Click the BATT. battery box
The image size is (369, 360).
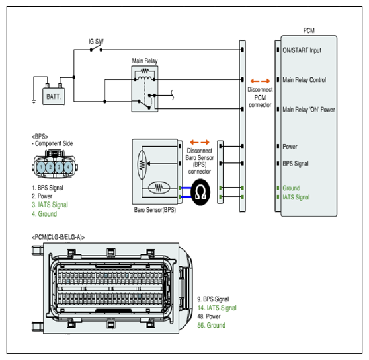click(54, 96)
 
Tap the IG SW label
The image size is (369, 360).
click(96, 42)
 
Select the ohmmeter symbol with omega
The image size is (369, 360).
click(200, 192)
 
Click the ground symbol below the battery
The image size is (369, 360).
click(34, 102)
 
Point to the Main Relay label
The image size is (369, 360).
click(145, 61)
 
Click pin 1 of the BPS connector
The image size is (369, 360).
click(41, 167)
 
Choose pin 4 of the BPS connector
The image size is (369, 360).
click(68, 167)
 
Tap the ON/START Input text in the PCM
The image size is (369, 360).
click(302, 50)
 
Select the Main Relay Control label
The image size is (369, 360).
click(304, 80)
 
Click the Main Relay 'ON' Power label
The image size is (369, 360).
click(309, 110)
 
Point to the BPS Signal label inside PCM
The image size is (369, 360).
click(296, 164)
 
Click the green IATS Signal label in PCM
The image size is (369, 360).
click(296, 197)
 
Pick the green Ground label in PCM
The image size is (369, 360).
click(291, 188)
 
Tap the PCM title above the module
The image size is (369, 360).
click(309, 31)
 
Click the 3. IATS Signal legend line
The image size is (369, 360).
click(50, 205)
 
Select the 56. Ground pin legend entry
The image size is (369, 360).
click(212, 325)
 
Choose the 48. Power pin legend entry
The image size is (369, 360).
click(209, 316)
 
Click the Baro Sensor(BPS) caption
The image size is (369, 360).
click(155, 210)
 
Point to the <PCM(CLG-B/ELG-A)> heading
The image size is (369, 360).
click(58, 238)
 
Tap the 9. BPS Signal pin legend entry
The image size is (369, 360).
click(213, 299)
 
